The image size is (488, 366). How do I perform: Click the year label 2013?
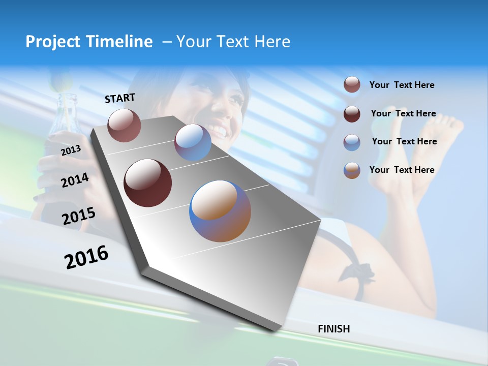[71, 150]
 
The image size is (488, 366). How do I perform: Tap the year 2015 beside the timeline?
[78, 216]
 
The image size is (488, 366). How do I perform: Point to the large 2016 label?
[86, 257]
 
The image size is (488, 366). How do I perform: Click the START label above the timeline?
[120, 98]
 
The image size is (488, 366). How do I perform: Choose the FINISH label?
[334, 329]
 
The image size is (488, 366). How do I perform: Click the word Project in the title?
[54, 42]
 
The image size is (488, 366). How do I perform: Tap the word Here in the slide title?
[272, 42]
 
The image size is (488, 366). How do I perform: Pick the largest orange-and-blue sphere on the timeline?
[220, 211]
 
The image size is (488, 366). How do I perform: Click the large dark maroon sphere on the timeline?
[148, 183]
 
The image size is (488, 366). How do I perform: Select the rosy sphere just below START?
[125, 125]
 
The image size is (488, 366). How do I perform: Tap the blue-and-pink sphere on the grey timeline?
[193, 142]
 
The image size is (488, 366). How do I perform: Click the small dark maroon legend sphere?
[352, 114]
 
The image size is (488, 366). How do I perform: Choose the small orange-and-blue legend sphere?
[352, 170]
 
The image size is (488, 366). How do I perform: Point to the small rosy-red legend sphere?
[352, 84]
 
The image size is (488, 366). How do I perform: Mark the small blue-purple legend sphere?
[352, 142]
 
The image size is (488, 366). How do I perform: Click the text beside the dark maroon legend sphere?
[403, 113]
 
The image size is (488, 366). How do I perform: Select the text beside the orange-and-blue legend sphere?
[402, 170]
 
